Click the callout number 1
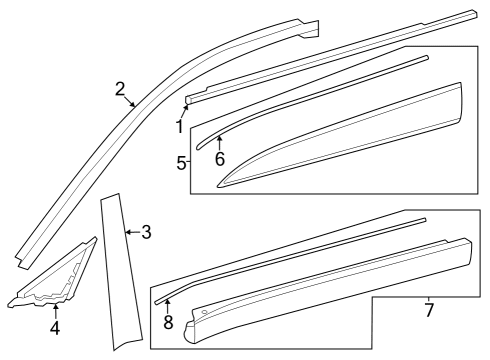tap(180, 127)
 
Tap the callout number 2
tap(120, 89)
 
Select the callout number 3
tap(146, 233)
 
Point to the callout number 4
tap(55, 327)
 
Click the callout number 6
tap(219, 158)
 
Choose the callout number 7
tap(428, 310)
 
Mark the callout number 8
tap(167, 321)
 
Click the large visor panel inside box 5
tap(350, 140)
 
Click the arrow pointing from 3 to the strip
tap(130, 233)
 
